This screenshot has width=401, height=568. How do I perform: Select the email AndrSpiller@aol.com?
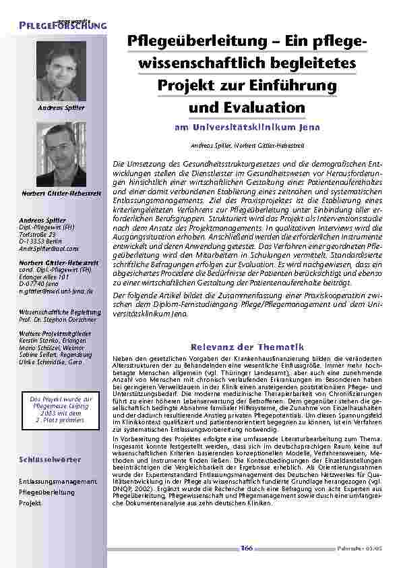[49, 249]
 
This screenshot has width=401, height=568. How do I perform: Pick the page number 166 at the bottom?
[247, 548]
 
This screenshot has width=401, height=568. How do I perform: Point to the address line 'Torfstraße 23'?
[40, 233]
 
